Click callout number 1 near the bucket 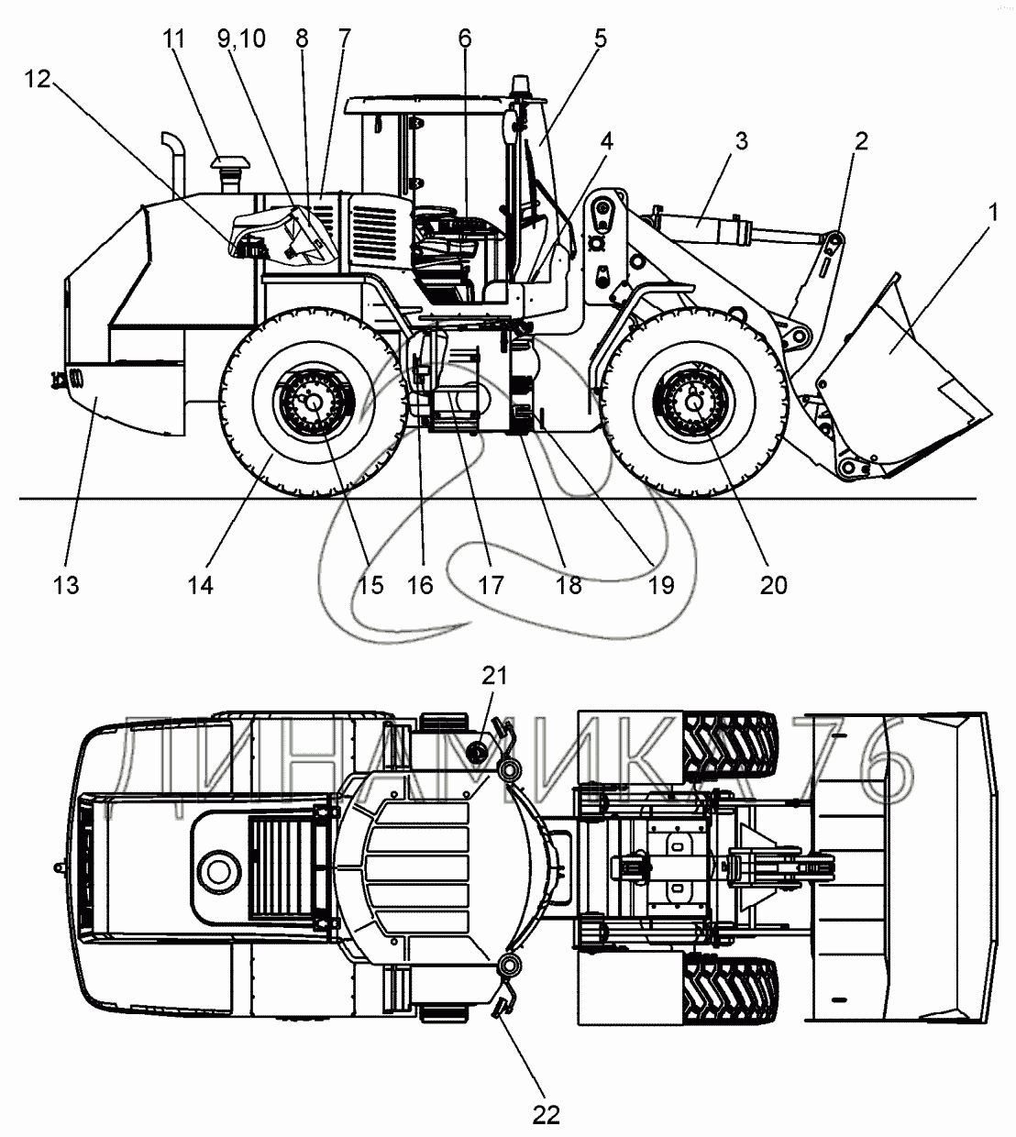(x=992, y=214)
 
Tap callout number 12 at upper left (x=38, y=79)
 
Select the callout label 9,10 (x=241, y=39)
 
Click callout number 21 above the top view (x=494, y=676)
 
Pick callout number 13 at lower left (x=66, y=585)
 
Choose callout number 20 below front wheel (x=774, y=585)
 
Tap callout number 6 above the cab (x=465, y=39)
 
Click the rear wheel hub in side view (x=314, y=402)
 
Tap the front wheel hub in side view (x=694, y=402)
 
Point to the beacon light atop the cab (x=520, y=87)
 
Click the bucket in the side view (x=904, y=376)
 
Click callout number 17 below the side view (x=491, y=585)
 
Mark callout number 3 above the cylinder (x=742, y=141)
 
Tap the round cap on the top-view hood (x=219, y=872)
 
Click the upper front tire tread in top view (x=730, y=749)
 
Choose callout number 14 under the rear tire (x=201, y=585)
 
